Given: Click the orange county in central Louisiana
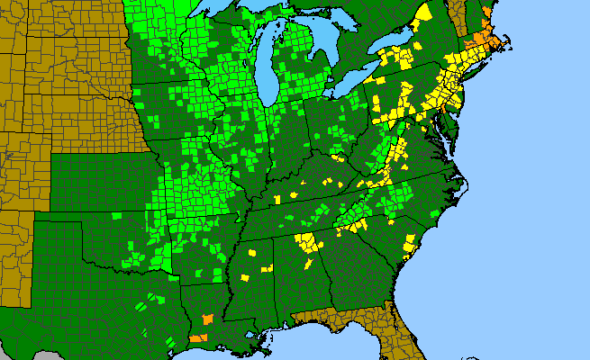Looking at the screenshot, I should (208, 319).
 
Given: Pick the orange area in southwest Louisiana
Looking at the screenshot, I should (197, 338).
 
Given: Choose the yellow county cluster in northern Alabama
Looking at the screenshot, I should (309, 242).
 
